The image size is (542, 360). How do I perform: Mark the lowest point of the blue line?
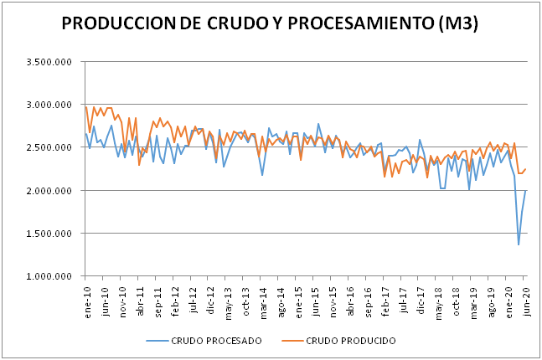point(519,244)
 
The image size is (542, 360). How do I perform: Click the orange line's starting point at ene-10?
point(86,106)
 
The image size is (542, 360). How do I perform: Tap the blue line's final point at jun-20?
point(525,190)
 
